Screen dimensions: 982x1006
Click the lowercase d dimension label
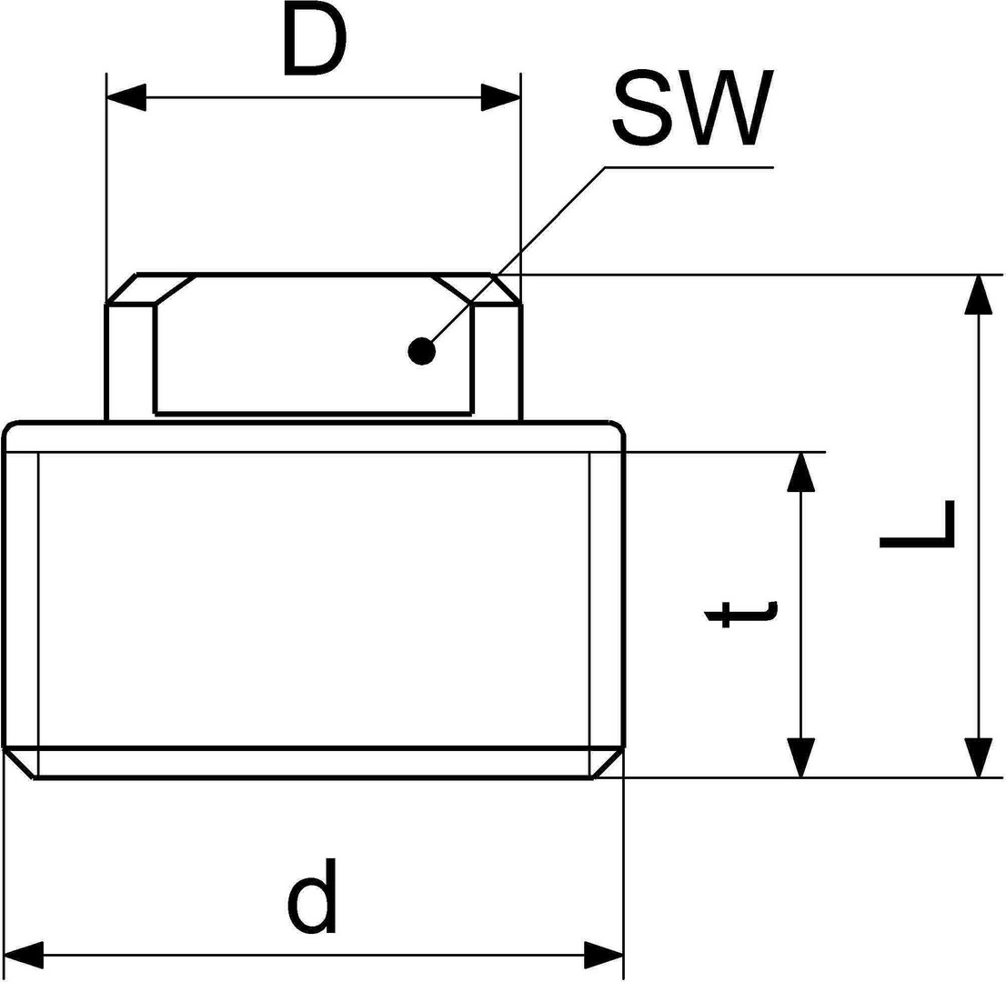click(312, 897)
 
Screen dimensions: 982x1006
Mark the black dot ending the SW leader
click(421, 350)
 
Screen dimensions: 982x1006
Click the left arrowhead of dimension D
click(126, 97)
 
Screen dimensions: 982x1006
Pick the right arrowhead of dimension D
click(501, 97)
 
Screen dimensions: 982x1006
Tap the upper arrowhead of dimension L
click(978, 294)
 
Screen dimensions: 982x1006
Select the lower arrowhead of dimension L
click(978, 757)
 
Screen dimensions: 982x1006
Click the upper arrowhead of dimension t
click(800, 472)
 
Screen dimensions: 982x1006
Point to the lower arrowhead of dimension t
click(800, 757)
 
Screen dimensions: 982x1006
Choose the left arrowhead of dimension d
click(24, 955)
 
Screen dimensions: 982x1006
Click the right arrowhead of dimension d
click(604, 955)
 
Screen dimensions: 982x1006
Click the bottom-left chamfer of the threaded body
click(19, 763)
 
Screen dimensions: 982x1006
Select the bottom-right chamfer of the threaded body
click(608, 763)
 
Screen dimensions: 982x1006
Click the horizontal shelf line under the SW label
click(689, 167)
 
